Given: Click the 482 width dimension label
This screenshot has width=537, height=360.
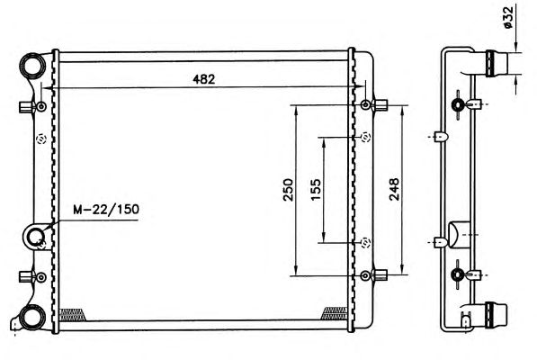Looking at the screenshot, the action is [x=204, y=79].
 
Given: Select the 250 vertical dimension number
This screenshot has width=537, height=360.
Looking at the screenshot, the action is [x=288, y=189].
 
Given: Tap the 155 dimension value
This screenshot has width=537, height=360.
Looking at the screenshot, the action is [x=316, y=189].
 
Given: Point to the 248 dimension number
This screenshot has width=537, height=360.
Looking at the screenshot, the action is [x=394, y=189].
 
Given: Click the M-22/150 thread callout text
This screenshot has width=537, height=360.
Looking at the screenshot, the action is [x=106, y=210].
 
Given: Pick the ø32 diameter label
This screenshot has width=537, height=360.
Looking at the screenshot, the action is [x=508, y=18].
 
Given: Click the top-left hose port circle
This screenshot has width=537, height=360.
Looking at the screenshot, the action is [x=33, y=66].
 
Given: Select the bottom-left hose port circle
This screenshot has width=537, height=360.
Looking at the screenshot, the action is [x=33, y=317].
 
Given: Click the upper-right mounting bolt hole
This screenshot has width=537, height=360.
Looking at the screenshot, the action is [x=365, y=104].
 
